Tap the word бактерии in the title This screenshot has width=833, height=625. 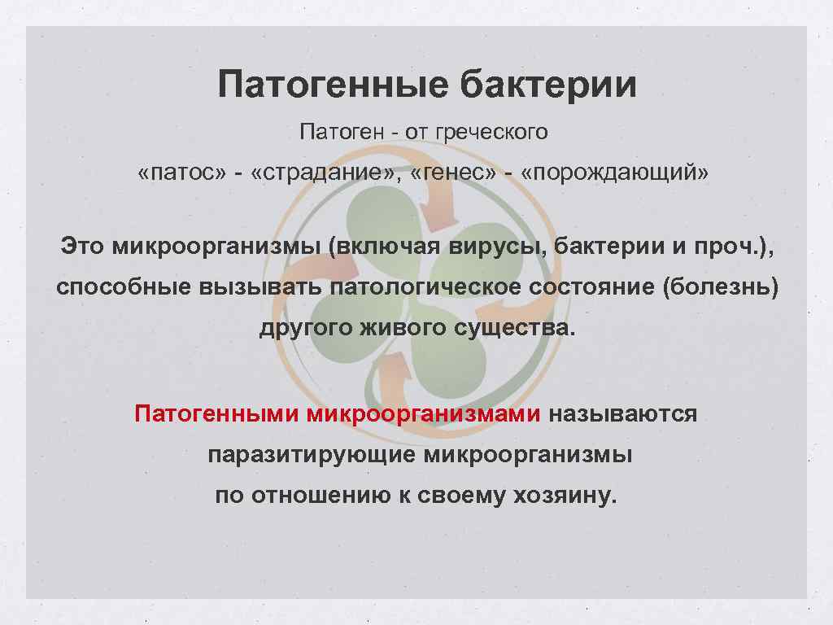click(x=549, y=84)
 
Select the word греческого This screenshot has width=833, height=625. click(x=492, y=132)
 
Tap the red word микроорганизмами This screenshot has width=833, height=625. click(x=424, y=413)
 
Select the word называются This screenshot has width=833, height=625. click(x=622, y=413)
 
